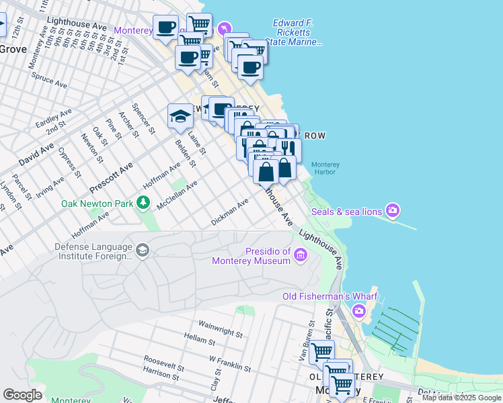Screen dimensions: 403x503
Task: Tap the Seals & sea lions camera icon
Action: [x=393, y=212]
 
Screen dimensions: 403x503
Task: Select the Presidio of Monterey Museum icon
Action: [x=300, y=254]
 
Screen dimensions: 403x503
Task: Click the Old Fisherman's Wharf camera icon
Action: [x=359, y=310]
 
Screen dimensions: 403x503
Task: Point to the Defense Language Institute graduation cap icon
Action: [x=142, y=251]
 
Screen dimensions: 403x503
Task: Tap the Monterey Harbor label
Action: [x=325, y=168]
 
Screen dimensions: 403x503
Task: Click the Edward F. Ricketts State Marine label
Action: [x=296, y=32]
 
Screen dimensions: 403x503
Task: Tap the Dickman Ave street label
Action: [x=230, y=211]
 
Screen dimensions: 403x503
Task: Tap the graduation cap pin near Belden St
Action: [x=180, y=116]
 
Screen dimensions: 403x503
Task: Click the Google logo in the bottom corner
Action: [x=22, y=395]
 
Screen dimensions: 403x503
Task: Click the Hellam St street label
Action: [x=198, y=342]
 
